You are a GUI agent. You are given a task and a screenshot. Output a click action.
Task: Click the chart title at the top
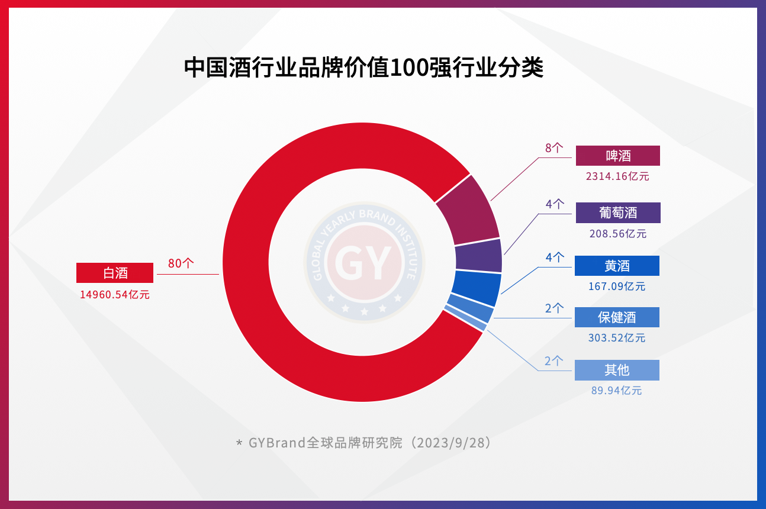click(x=363, y=68)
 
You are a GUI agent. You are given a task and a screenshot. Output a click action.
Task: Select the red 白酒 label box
click(x=115, y=273)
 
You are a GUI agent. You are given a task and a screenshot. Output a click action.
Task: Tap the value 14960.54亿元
click(x=115, y=295)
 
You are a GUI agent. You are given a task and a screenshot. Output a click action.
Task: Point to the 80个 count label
click(x=181, y=263)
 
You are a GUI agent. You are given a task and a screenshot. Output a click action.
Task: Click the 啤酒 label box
click(x=617, y=156)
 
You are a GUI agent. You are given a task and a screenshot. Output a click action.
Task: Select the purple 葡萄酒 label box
click(x=617, y=213)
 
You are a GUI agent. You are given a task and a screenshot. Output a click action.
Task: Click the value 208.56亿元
click(x=617, y=234)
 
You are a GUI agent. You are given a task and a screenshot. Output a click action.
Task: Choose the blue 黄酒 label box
click(x=617, y=266)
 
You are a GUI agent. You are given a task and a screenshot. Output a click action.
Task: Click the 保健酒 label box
click(x=617, y=317)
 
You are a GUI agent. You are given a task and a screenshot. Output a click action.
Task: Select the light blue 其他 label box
click(x=617, y=370)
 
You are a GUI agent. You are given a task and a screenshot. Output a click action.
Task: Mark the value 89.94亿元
click(x=616, y=391)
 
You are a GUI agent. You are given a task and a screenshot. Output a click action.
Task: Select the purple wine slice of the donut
click(x=478, y=256)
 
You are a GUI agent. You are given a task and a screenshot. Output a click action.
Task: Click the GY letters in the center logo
click(x=363, y=262)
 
